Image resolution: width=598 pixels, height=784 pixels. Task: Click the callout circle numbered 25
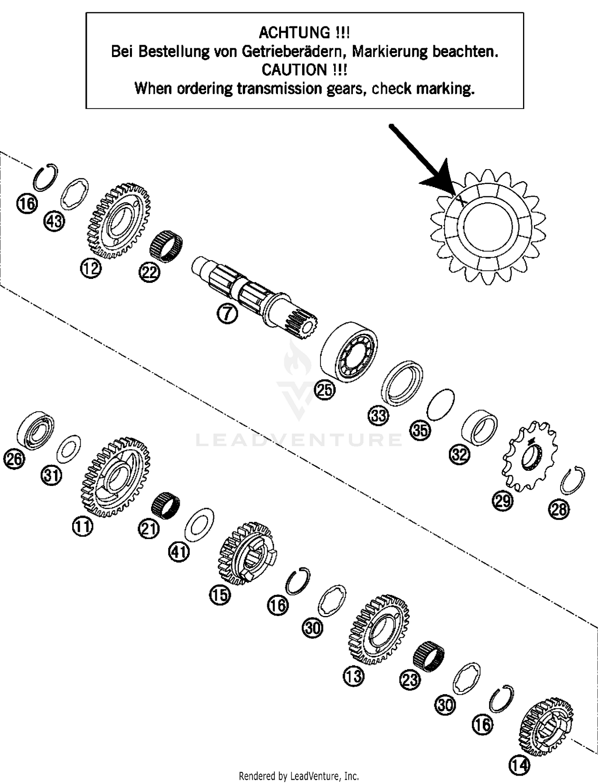click(x=325, y=389)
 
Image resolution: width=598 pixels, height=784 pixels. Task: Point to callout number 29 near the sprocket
click(x=502, y=500)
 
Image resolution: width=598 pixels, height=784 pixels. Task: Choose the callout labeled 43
click(x=55, y=220)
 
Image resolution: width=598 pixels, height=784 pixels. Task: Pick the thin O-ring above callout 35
click(x=440, y=404)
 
